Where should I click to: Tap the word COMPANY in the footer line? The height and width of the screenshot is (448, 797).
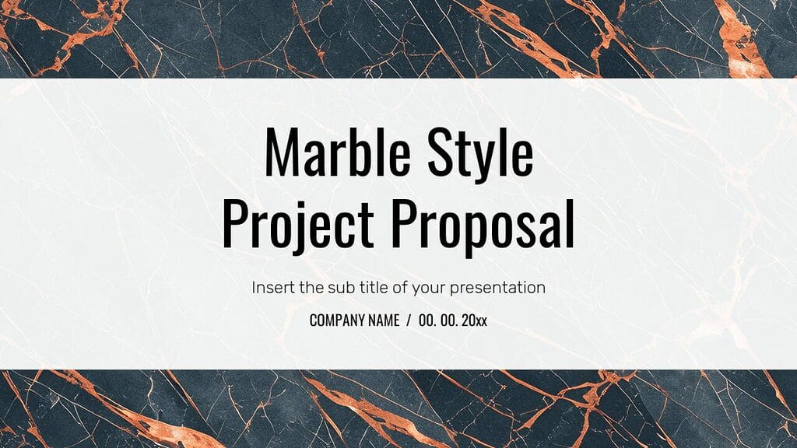pyautogui.click(x=339, y=320)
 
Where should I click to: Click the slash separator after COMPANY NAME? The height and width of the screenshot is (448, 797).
pyautogui.click(x=409, y=320)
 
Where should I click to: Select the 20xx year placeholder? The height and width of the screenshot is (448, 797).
pyautogui.click(x=474, y=320)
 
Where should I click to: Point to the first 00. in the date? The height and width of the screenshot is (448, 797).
pyautogui.click(x=427, y=320)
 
